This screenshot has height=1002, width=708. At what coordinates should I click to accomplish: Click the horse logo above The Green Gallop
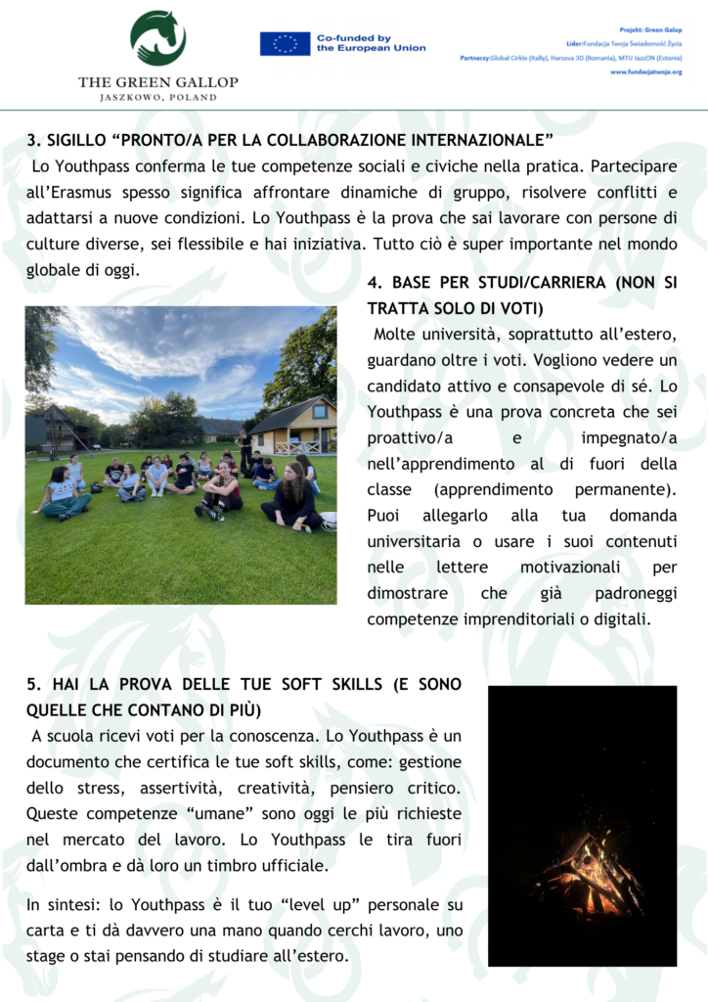[157, 37]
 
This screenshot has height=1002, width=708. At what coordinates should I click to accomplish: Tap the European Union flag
[285, 43]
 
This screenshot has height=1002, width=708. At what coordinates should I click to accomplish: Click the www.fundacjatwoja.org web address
[645, 71]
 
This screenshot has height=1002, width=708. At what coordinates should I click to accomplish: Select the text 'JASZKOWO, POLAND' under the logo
[157, 98]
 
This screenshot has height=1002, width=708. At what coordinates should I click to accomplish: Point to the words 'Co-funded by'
[354, 37]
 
